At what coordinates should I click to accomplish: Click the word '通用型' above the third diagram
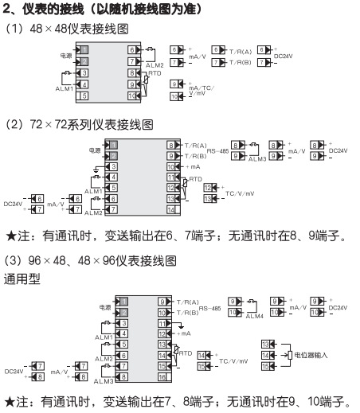pos(21,280)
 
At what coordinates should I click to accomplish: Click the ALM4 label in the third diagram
pos(256,316)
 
